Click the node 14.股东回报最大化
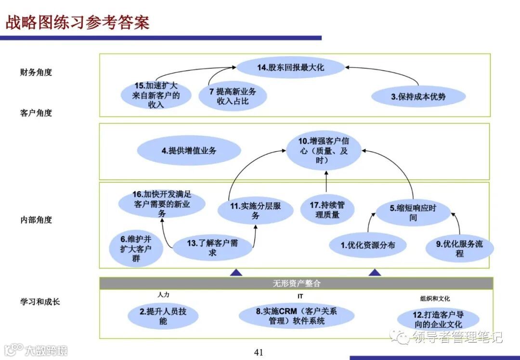click(290, 67)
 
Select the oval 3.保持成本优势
click(418, 96)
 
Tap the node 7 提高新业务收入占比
click(233, 96)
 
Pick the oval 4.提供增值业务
click(189, 150)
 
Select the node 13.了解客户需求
click(212, 248)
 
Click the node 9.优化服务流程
click(459, 248)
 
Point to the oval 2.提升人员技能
click(163, 316)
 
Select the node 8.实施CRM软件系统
click(297, 316)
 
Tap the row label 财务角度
click(36, 72)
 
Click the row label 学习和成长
click(40, 302)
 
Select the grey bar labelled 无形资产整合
click(296, 283)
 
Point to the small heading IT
click(300, 296)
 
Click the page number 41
click(259, 352)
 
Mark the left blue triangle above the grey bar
click(236, 273)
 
